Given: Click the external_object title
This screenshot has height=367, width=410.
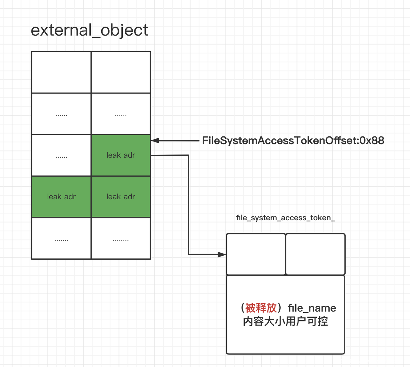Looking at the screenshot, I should tap(89, 30).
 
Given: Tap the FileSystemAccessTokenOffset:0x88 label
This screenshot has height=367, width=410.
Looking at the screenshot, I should tap(293, 141).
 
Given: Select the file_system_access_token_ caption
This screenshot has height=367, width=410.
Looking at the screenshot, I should tap(285, 218).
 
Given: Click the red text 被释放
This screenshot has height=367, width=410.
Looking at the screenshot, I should tap(261, 308).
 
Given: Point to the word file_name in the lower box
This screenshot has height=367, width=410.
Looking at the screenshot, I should tap(312, 308).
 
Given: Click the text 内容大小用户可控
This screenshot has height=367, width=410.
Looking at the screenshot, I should tap(285, 321).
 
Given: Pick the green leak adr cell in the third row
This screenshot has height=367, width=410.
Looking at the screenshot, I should tap(121, 155).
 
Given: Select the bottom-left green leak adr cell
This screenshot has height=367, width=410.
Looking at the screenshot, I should tap(61, 197).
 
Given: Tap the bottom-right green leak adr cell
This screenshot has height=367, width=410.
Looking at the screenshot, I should tap(121, 197).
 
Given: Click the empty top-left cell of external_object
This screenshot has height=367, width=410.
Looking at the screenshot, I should tap(61, 72).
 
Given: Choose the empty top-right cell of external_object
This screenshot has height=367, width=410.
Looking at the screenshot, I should tap(121, 72).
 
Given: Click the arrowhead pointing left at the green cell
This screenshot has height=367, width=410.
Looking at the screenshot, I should tap(155, 141).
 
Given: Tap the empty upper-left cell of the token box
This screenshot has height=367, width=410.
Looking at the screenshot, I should tap(256, 254).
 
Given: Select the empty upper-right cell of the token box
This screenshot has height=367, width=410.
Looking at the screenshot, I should tap(315, 254).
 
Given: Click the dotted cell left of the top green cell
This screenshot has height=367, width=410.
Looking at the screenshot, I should tap(61, 155).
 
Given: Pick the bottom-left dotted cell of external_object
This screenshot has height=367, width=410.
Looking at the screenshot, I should tap(61, 238).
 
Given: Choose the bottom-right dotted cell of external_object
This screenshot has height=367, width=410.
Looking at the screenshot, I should tap(121, 238).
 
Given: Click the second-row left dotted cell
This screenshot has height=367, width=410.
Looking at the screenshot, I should tap(61, 114).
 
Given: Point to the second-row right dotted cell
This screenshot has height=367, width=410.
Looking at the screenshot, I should tap(121, 114).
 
